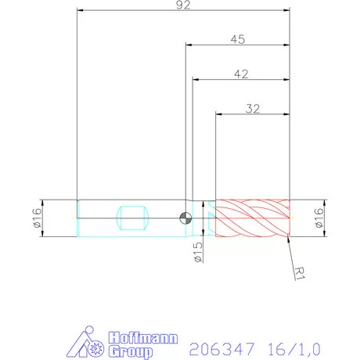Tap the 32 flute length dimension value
click(252, 109)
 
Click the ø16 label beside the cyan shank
click(37, 218)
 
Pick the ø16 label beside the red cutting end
click(319, 218)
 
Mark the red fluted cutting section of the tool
click(252, 218)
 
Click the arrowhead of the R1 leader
click(288, 239)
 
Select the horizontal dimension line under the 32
click(252, 116)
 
